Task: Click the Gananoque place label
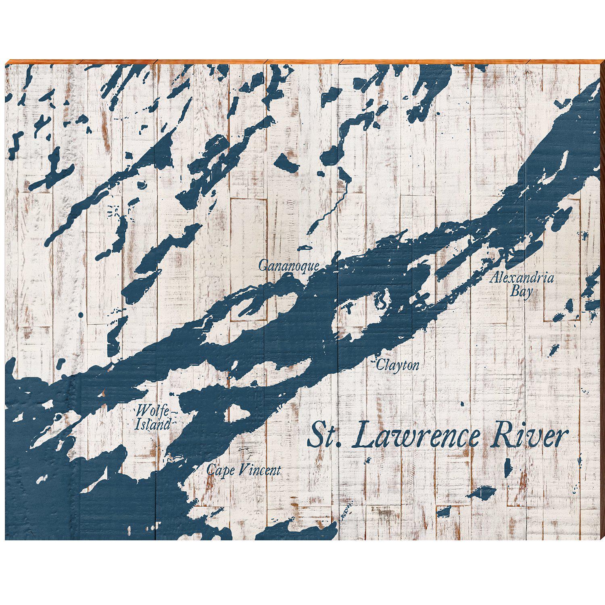[289, 266]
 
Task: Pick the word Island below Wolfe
[152, 424]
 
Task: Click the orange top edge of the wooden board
[302, 61]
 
